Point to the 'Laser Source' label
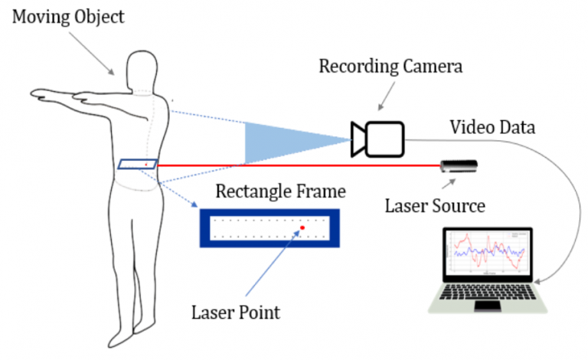434,205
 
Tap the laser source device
459,165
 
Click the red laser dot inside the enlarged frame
302,227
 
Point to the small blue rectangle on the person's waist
138,164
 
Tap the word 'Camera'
436,67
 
